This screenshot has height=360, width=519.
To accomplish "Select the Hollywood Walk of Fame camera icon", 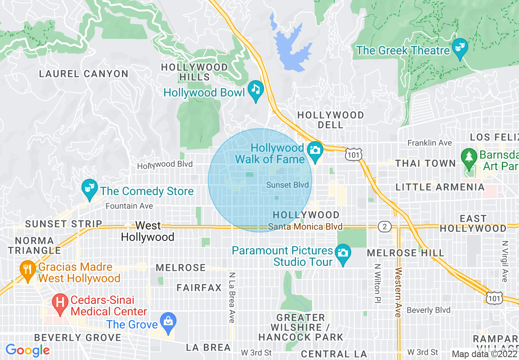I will pos(315,150).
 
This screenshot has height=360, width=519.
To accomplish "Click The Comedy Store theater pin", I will pos(89,188).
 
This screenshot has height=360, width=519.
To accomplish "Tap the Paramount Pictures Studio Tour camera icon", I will pos(343,253).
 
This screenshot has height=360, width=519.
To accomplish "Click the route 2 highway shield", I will pos(385,227).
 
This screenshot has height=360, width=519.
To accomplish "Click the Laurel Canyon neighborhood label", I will pos(83,74).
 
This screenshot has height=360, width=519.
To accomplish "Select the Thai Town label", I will pos(425,164).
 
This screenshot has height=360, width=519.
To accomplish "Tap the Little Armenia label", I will pos(440,187).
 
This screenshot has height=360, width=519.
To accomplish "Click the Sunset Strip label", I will pos(63,224).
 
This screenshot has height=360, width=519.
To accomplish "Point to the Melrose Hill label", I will pos(405,253).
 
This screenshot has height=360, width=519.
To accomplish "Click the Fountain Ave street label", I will pos(129,206).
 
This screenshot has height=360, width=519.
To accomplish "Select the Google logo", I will pos(27,350).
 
